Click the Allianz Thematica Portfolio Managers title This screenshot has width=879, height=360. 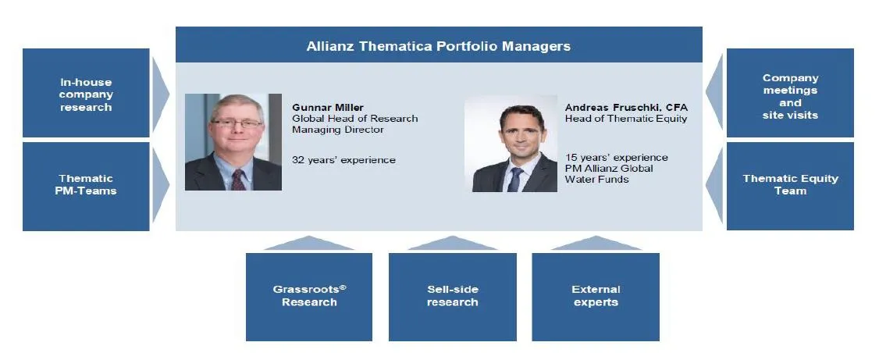[x=439, y=46]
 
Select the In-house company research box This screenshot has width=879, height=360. [x=86, y=92]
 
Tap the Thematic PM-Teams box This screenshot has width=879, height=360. [x=86, y=186]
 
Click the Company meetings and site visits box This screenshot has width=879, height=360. [x=790, y=92]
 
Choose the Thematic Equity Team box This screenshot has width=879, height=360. [x=790, y=186]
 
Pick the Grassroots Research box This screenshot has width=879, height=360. [x=309, y=297]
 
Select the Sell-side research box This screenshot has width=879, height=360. [x=453, y=297]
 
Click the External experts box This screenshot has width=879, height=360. [x=596, y=297]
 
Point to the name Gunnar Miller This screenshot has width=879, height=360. [x=328, y=107]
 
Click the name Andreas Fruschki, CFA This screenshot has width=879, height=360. [x=626, y=107]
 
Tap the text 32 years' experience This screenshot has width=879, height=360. [x=343, y=160]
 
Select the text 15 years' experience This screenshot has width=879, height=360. [x=617, y=158]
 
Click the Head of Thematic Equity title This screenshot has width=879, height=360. [x=626, y=119]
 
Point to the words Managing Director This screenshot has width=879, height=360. [x=338, y=130]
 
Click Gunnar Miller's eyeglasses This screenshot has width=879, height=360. [x=237, y=123]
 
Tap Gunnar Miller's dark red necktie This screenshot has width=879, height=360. [x=238, y=180]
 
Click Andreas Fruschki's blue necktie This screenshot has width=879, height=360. [x=514, y=180]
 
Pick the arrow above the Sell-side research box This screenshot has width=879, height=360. [x=452, y=244]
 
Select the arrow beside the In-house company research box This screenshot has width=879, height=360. [x=160, y=93]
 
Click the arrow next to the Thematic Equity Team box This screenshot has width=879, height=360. [x=714, y=186]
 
